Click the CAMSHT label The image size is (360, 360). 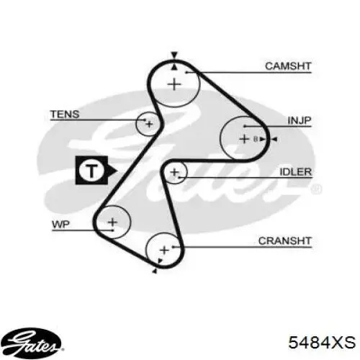tap(288, 66)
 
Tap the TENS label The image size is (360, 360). tap(65, 114)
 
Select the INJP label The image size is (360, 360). tap(300, 120)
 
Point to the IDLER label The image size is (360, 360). tap(296, 172)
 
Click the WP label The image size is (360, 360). tap(60, 225)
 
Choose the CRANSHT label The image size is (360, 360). tap(284, 240)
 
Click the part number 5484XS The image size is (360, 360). tap(322, 342)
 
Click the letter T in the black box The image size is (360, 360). tap(92, 171)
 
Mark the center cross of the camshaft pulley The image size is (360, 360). tap(174, 84)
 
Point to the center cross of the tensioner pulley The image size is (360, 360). tap(149, 124)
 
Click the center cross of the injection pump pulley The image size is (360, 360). tap(244, 139)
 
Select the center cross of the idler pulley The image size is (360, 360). tap(174, 172)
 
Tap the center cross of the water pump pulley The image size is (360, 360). tap(112, 222)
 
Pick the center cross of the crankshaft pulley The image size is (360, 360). tap(164, 251)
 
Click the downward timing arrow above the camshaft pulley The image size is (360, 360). tap(174, 55)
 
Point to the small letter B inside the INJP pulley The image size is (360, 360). tap(256, 139)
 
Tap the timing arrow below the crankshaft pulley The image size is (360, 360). tap(154, 271)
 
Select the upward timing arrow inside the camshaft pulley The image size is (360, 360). tap(174, 67)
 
